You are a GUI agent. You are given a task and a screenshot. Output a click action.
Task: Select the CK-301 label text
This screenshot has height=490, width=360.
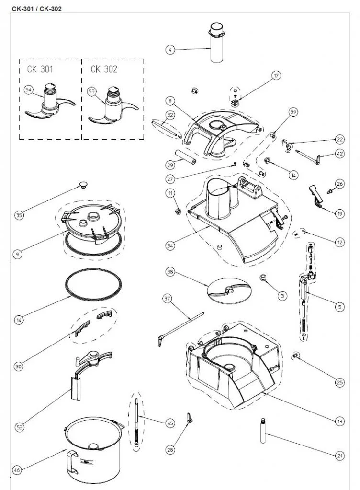(x=41, y=69)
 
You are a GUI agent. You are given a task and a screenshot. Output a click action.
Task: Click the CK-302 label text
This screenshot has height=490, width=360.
(x=104, y=69)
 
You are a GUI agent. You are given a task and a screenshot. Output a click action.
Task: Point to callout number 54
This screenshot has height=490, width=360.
(x=28, y=90)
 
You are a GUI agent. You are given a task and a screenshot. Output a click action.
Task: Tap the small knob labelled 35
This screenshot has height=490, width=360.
(x=85, y=185)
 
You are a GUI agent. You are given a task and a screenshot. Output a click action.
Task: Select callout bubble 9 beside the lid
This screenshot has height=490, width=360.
(x=18, y=255)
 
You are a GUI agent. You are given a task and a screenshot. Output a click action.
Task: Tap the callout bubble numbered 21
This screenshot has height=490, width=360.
(x=340, y=456)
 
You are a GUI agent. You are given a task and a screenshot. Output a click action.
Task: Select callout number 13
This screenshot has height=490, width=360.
(x=339, y=422)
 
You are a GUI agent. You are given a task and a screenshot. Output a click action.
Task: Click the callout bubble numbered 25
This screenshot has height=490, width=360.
(x=339, y=382)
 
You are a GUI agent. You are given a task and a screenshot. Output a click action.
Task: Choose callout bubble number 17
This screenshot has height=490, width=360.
(x=276, y=75)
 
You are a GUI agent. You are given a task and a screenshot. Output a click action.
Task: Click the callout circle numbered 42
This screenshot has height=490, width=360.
(x=339, y=154)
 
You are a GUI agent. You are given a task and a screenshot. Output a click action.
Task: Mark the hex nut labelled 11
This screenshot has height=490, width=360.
(x=176, y=211)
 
